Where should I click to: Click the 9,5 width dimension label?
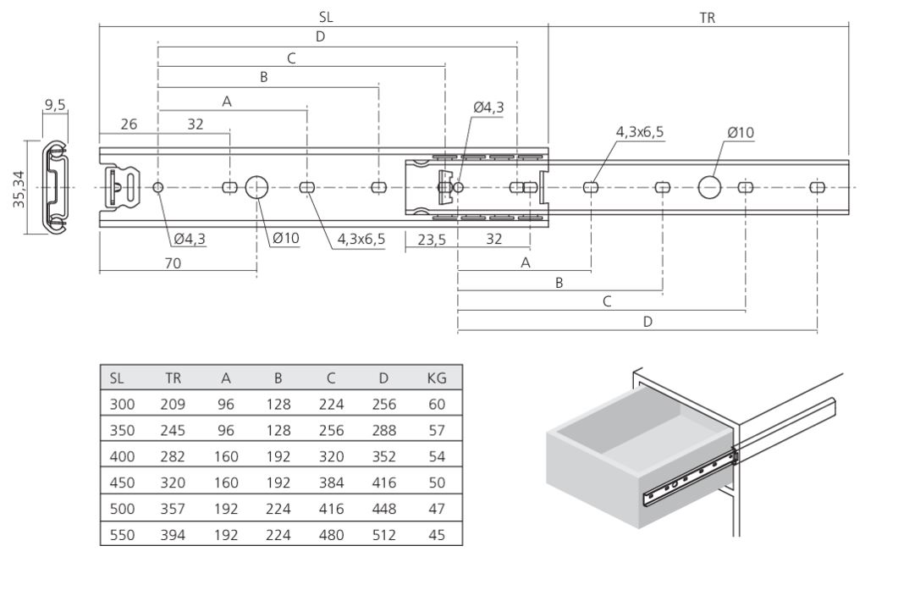coord(56,105)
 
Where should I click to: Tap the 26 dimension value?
coord(129,124)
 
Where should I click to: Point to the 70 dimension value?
coord(173,263)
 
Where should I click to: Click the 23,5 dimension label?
coord(432,240)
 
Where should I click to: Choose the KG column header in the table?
coord(437,378)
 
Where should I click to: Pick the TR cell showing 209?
coord(173,405)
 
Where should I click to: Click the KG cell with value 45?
coord(437,536)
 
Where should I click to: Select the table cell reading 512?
coord(383,536)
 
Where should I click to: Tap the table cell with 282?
coord(173,457)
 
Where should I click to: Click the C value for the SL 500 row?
coord(331,510)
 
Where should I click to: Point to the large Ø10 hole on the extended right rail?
coord(710,187)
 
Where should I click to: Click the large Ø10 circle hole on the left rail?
coord(256,187)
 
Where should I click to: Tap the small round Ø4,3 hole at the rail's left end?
coord(158,187)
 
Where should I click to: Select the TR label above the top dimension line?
coord(708,16)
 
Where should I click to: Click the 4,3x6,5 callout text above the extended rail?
coord(640,133)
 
